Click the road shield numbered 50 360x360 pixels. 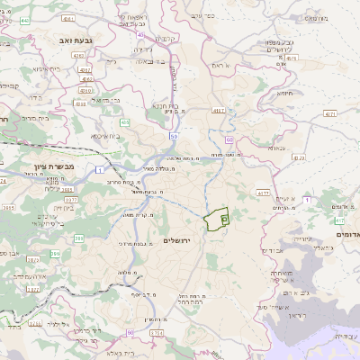(173, 134)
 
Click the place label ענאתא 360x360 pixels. (275, 148)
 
